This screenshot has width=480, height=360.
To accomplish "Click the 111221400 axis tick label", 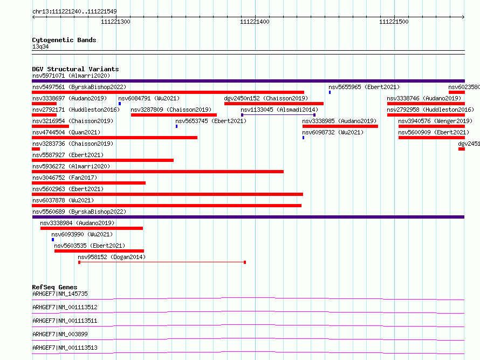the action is [x=255, y=22].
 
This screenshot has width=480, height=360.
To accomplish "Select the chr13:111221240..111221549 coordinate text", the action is [x=74, y=12].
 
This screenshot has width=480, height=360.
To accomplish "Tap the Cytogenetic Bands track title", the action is [x=64, y=40].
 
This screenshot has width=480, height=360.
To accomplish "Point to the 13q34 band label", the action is [x=40, y=46].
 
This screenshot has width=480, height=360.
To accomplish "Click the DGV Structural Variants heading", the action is [x=76, y=69].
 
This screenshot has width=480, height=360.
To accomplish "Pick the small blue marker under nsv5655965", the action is [x=330, y=92].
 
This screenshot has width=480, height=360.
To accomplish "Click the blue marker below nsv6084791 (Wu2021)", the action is [x=120, y=104].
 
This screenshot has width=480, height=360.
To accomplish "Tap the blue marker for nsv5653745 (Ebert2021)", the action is [x=177, y=126].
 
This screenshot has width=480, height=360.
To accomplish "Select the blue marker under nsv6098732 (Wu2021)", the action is [x=303, y=138].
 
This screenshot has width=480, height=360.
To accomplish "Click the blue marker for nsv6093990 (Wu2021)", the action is [x=53, y=240].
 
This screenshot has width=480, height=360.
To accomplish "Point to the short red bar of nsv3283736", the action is [x=36, y=149].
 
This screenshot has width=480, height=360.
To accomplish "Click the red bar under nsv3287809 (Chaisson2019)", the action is [x=174, y=115].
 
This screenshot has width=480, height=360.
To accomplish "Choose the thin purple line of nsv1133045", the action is [x=278, y=115].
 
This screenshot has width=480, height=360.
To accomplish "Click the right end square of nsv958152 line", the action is [x=245, y=262].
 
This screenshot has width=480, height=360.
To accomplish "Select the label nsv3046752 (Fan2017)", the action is [x=65, y=178].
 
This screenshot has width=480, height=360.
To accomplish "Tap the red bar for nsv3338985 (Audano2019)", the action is [x=340, y=126].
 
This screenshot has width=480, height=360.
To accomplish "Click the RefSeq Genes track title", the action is [x=55, y=287].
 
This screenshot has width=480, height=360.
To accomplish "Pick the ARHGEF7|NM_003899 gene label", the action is [x=60, y=334].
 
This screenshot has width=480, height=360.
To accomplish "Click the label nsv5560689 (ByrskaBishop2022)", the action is [x=79, y=212].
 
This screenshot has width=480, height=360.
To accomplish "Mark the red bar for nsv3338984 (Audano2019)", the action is [x=92, y=228].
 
